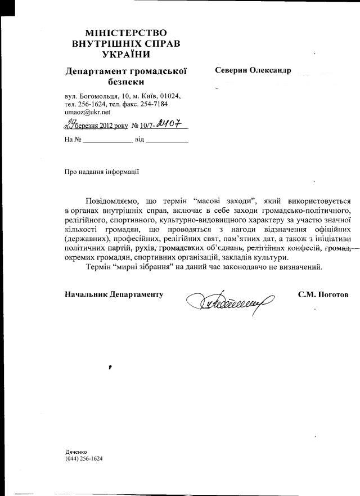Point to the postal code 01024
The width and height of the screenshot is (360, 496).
click(171, 96)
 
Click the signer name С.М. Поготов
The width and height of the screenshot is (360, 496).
click(323, 294)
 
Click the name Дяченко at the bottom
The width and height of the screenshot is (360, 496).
click(77, 452)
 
